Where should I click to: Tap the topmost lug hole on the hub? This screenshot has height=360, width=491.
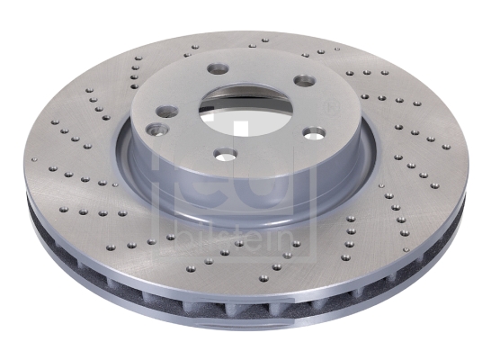click(x=219, y=67)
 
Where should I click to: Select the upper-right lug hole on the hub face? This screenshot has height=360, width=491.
click(x=304, y=80)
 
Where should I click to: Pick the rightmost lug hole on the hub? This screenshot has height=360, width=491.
click(x=314, y=133)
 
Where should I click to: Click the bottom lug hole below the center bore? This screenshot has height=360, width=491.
click(x=225, y=154)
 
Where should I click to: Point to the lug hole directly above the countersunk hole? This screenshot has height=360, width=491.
click(x=167, y=111)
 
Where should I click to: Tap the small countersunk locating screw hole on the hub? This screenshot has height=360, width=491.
click(x=157, y=129)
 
